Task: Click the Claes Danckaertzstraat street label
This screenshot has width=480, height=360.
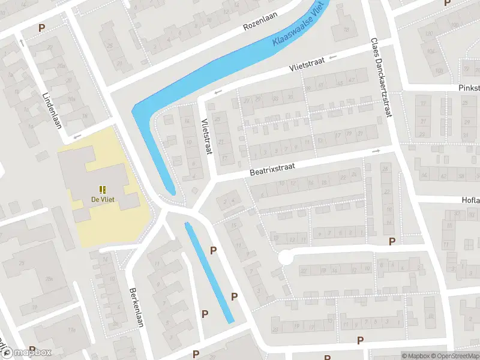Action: [381, 71]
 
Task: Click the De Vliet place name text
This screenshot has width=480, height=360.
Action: [103, 200]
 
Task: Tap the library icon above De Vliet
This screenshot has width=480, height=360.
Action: [103, 189]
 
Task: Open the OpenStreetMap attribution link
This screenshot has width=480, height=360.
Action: [454, 356]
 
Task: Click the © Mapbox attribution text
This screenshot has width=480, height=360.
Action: [415, 356]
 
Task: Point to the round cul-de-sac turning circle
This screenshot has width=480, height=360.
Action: [285, 258]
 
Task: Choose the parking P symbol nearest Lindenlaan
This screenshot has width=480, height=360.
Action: [42, 28]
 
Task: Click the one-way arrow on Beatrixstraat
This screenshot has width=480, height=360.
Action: [376, 151]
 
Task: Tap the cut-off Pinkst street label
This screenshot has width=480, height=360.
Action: [468, 88]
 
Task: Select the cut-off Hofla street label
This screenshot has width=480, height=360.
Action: [470, 200]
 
